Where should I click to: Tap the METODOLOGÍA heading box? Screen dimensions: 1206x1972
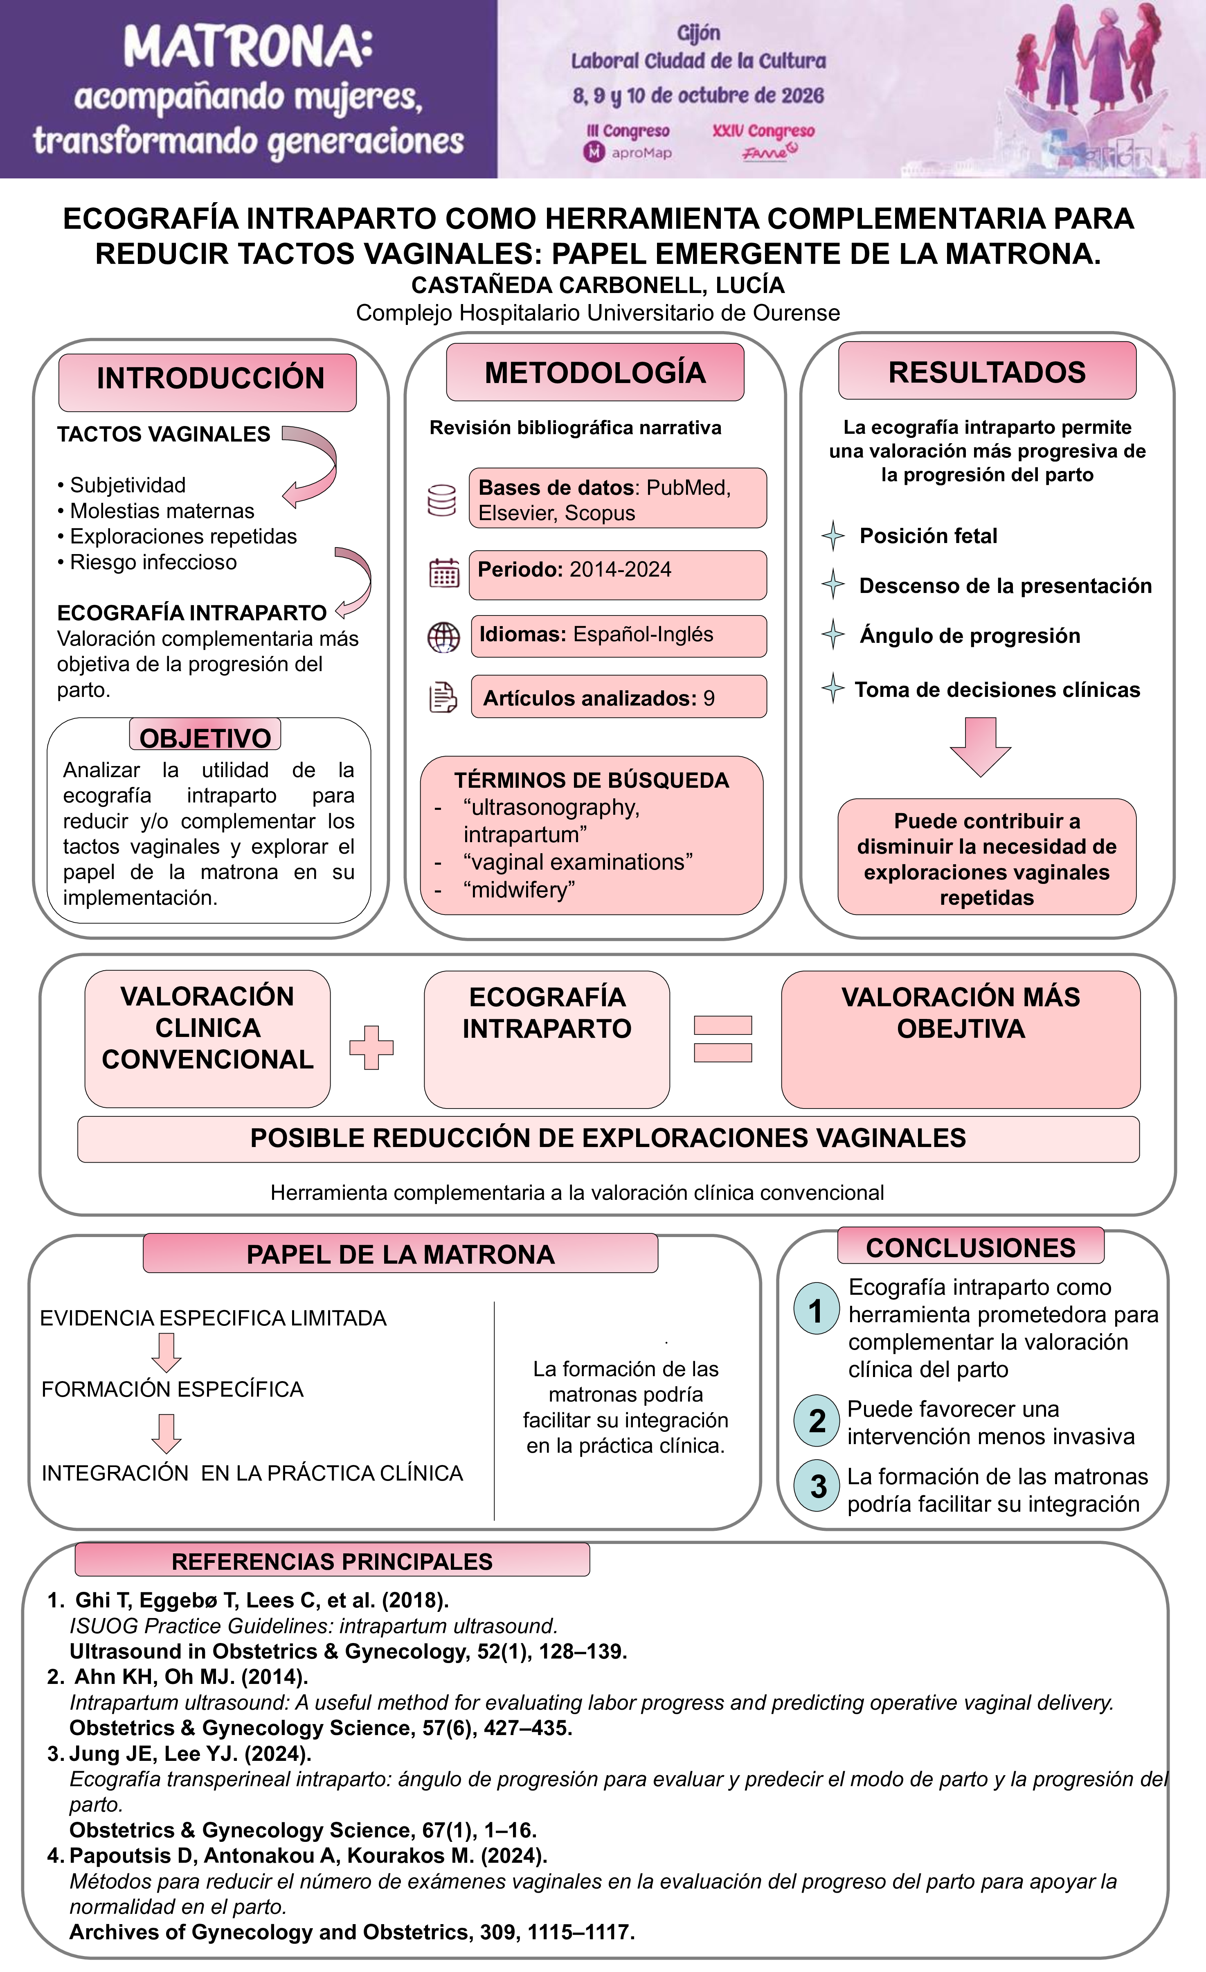pyautogui.click(x=594, y=372)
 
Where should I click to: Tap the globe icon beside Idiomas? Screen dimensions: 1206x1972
pyautogui.click(x=443, y=638)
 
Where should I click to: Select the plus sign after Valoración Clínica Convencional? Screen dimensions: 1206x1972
pyautogui.click(x=371, y=1047)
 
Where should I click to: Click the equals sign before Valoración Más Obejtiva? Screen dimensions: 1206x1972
pyautogui.click(x=722, y=1039)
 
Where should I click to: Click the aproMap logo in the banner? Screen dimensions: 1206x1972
pyautogui.click(x=628, y=152)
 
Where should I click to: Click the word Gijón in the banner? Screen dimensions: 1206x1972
pyautogui.click(x=699, y=33)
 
